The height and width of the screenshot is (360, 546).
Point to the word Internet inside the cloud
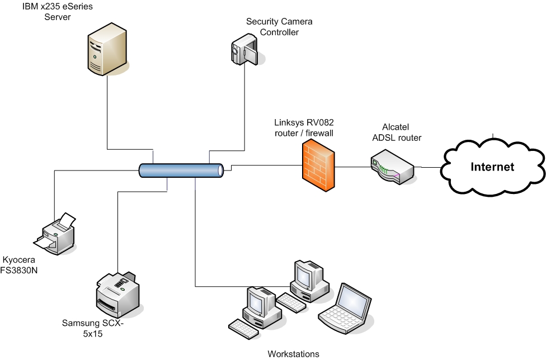click(x=492, y=167)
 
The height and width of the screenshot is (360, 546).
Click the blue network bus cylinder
click(x=182, y=170)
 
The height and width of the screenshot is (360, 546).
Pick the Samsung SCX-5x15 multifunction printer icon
click(x=117, y=293)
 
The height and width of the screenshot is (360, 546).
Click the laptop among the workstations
click(x=346, y=305)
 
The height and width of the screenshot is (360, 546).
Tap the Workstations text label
click(x=293, y=354)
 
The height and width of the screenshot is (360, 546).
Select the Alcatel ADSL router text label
click(x=397, y=132)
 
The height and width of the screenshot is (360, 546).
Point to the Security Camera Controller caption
click(x=279, y=27)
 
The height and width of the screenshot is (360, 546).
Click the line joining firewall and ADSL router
click(x=352, y=167)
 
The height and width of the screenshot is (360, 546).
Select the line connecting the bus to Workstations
click(x=195, y=235)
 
